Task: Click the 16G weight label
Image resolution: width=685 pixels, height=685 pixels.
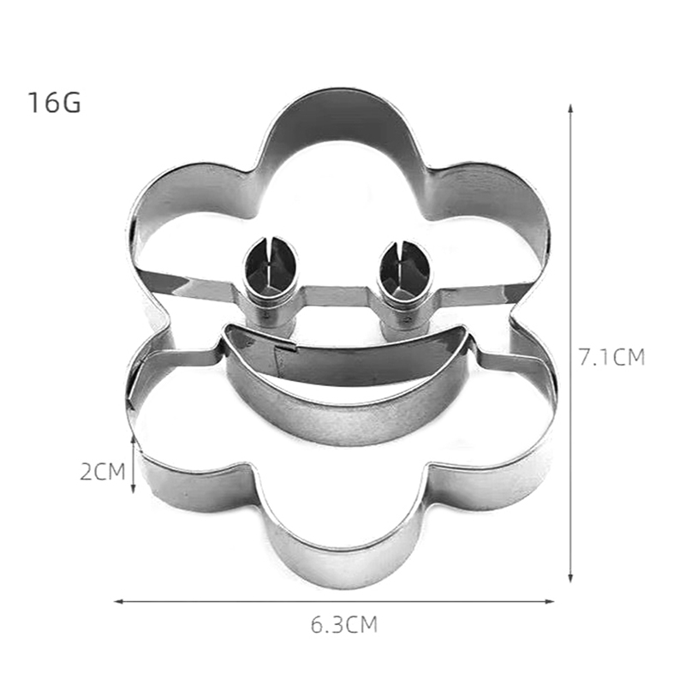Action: (x=55, y=103)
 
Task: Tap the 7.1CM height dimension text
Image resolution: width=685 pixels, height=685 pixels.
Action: (x=611, y=357)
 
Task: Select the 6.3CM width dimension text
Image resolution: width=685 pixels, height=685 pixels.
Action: (x=344, y=624)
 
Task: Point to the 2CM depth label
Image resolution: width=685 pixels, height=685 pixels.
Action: (x=103, y=472)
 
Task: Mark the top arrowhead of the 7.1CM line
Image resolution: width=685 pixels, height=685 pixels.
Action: (x=570, y=109)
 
